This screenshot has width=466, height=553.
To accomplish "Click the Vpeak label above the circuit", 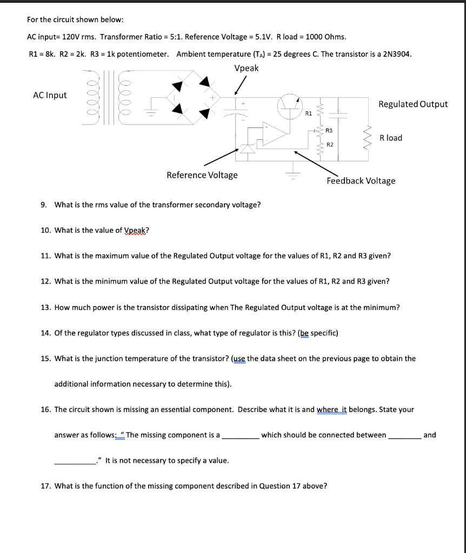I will click(x=246, y=68).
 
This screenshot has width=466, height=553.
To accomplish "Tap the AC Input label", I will click(x=50, y=95).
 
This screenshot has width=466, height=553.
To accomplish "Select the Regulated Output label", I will click(x=413, y=104).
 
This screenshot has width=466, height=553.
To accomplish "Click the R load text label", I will click(x=391, y=138).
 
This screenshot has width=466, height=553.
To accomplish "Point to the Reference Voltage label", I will click(x=202, y=175).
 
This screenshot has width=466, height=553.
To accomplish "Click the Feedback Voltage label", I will click(x=361, y=181).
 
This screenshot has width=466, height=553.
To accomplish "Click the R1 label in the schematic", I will click(x=308, y=114).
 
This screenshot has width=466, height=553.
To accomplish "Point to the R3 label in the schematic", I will click(x=329, y=131).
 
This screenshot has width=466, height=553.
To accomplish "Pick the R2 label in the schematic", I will click(x=329, y=145).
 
